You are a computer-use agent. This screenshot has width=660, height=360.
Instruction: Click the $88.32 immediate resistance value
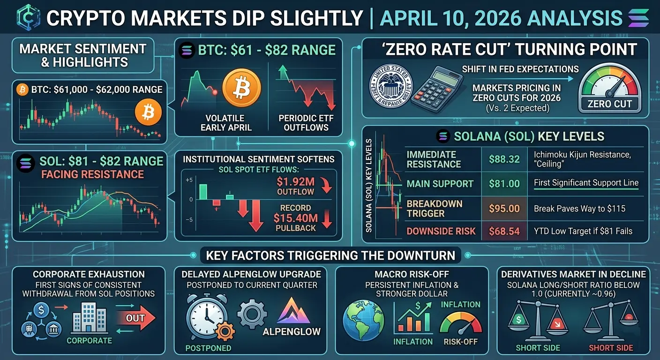click(x=504, y=159)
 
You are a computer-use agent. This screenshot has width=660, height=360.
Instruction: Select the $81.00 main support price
click(x=504, y=184)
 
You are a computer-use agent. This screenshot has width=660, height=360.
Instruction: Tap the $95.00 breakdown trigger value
click(x=504, y=209)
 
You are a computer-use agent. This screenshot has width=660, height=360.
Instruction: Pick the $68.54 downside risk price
click(x=504, y=231)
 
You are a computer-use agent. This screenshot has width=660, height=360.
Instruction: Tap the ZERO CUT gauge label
click(x=609, y=104)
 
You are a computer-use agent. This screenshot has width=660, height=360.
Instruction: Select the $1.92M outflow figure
click(x=296, y=183)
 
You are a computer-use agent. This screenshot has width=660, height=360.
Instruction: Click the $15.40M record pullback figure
click(x=295, y=217)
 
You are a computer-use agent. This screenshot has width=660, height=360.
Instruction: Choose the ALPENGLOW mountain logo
click(x=294, y=310)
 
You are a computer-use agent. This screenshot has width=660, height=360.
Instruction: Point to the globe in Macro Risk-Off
click(x=364, y=320)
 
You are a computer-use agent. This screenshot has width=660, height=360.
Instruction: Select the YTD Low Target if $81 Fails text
click(x=583, y=231)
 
